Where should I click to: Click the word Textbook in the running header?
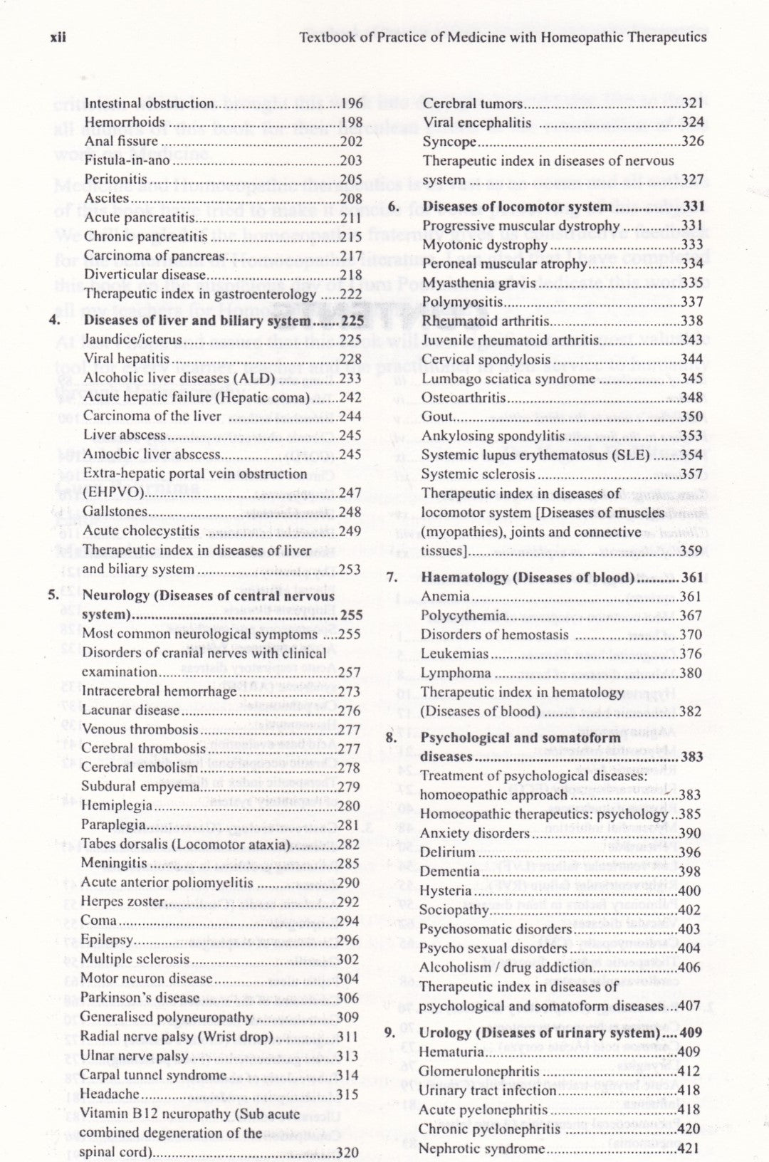click(x=325, y=37)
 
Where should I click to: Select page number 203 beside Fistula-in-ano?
click(x=351, y=161)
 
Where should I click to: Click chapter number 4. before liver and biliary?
click(x=54, y=320)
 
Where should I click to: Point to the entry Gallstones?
click(x=115, y=511)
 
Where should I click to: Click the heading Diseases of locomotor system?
click(x=517, y=206)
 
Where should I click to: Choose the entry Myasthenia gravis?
click(x=478, y=283)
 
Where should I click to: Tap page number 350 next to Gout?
click(x=691, y=417)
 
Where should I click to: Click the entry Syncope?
click(x=449, y=142)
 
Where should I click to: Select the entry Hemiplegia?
click(x=117, y=806)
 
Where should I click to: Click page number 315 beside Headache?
click(x=347, y=1094)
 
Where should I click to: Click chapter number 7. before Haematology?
click(x=392, y=577)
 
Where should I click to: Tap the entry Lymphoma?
click(x=455, y=673)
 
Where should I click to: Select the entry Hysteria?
click(x=445, y=891)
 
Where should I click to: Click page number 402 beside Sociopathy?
click(x=690, y=910)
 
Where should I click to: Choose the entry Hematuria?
click(x=452, y=1052)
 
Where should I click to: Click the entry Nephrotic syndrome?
click(x=481, y=1148)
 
